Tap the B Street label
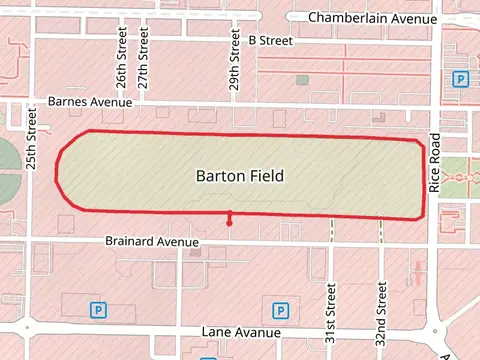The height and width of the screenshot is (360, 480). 270,41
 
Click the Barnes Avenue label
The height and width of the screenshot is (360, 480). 90,102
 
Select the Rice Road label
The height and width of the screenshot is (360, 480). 434,162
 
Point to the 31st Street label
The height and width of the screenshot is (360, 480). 330,312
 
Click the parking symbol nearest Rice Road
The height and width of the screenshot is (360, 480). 460,79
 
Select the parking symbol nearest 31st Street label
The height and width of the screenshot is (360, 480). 278,309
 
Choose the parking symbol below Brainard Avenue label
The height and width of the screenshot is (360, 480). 98,310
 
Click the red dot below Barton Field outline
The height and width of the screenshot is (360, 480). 230,223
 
